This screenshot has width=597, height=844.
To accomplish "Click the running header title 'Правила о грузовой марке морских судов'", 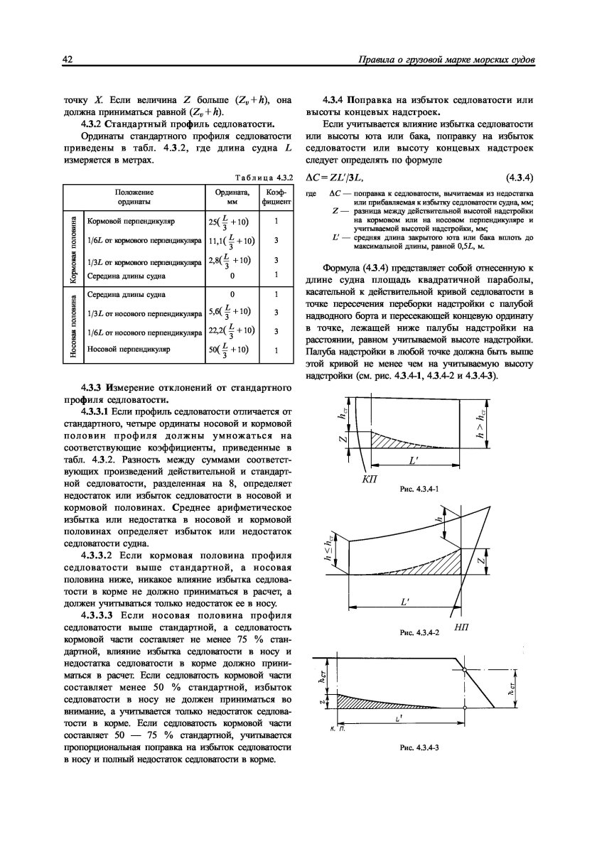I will click(449, 62).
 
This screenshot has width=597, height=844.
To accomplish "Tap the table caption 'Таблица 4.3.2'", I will click(264, 177).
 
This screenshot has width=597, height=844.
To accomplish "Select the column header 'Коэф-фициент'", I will click(275, 197).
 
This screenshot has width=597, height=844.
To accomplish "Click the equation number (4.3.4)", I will click(520, 176).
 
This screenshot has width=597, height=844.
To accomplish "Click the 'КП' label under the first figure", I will click(370, 480).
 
